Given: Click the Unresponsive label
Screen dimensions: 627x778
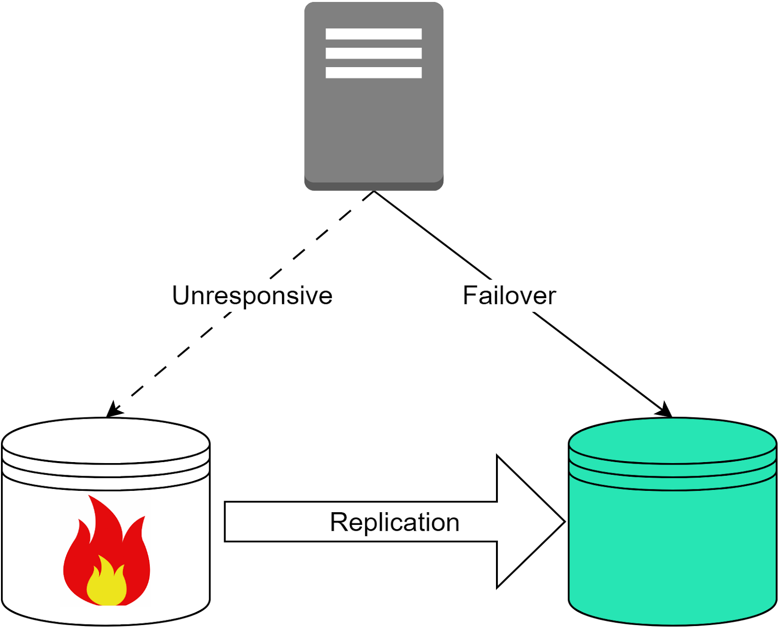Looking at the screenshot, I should [252, 295].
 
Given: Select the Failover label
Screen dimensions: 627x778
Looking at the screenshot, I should [509, 295].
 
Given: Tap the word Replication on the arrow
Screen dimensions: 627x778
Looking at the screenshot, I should [394, 522].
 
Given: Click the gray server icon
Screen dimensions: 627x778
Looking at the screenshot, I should [373, 126].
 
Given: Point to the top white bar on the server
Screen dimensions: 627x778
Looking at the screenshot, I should [373, 34].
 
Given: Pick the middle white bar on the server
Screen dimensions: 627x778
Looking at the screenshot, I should [373, 53].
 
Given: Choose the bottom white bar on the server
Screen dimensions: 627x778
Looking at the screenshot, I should [373, 72].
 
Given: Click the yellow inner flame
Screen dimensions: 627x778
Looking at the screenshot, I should [106, 584].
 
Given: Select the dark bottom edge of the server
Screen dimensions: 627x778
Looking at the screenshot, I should [373, 187].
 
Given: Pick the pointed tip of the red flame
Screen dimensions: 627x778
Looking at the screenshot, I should [91, 498].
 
